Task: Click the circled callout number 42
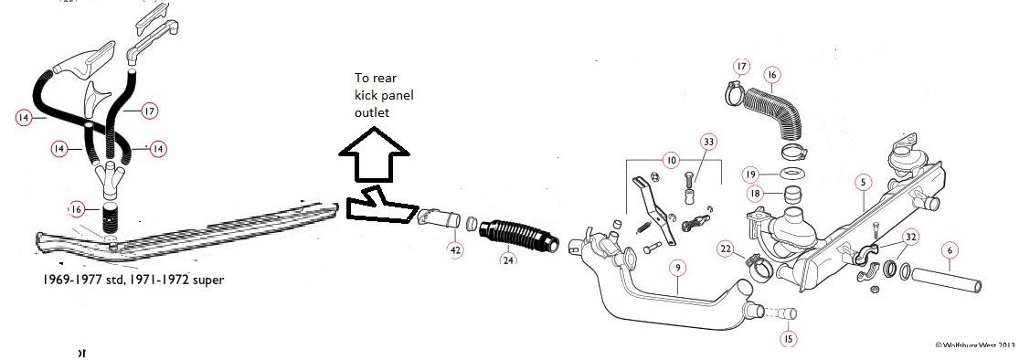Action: [455, 249]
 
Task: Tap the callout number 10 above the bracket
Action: [673, 160]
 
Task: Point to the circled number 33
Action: [709, 142]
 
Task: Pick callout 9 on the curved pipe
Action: [676, 268]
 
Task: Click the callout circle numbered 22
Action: [725, 249]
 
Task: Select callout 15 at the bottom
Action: [788, 339]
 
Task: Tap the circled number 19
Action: [749, 174]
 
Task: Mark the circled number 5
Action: [861, 182]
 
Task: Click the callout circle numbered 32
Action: [910, 236]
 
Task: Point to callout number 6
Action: [949, 249]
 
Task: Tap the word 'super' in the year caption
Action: [202, 280]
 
